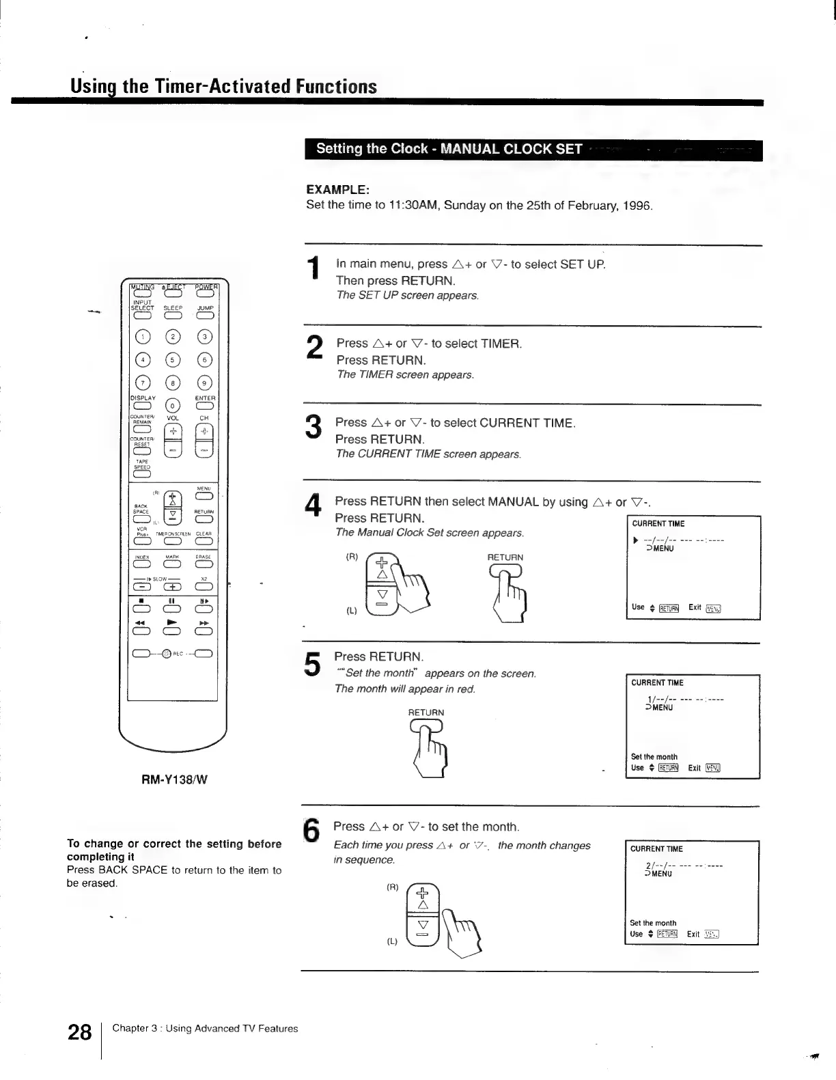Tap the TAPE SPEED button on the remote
click(142, 475)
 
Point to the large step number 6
click(311, 831)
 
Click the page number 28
click(80, 1031)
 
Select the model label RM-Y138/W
click(174, 778)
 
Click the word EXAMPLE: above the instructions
click(338, 189)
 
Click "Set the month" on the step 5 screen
click(654, 756)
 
